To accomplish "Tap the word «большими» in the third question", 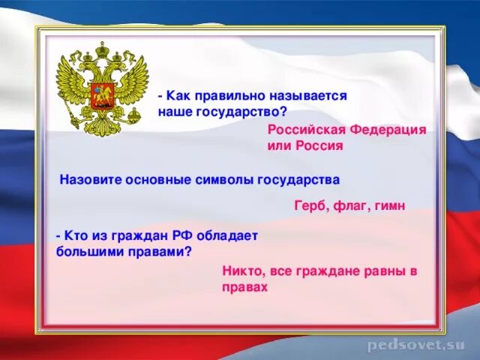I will point(85,250).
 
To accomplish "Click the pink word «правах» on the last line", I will point(244,286).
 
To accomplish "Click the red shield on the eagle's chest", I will point(100,95).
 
